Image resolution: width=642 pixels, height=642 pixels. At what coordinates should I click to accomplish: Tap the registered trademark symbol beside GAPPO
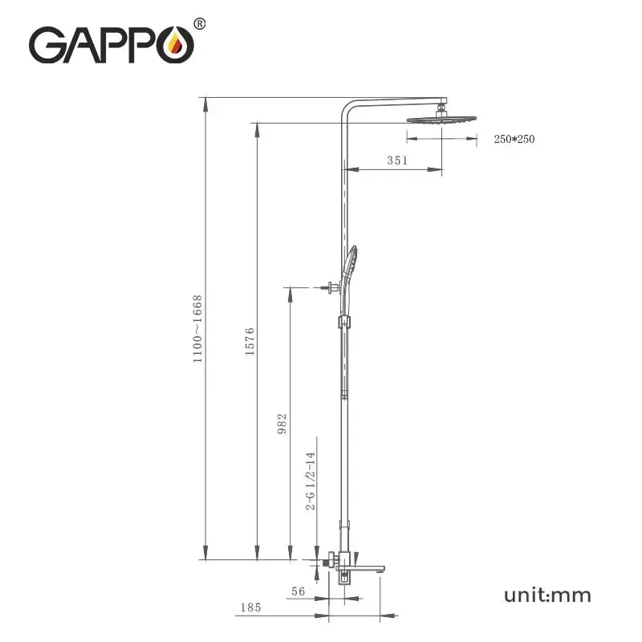[200, 23]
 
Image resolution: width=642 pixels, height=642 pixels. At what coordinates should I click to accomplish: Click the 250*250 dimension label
[514, 139]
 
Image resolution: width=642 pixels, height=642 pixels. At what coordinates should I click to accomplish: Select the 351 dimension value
[397, 160]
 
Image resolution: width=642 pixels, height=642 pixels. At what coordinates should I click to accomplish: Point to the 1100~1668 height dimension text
[197, 329]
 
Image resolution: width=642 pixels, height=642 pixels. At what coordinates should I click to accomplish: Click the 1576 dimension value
[250, 341]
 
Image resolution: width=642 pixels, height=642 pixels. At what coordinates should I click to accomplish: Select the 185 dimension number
[250, 607]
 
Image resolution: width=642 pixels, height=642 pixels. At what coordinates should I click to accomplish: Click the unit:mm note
[547, 595]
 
